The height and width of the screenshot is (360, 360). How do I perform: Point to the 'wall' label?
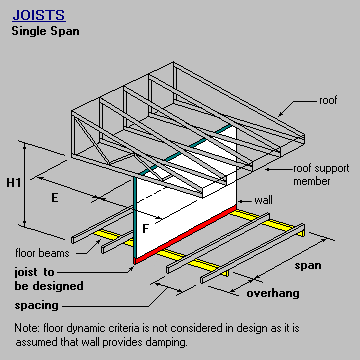click(x=264, y=200)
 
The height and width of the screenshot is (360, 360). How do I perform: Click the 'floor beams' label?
click(x=40, y=253)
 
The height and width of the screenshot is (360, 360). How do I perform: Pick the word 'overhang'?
click(x=272, y=294)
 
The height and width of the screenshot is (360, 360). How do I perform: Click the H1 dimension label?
click(x=15, y=182)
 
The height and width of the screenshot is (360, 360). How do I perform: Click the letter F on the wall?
click(x=146, y=228)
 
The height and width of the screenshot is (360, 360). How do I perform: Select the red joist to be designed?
click(x=185, y=236)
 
